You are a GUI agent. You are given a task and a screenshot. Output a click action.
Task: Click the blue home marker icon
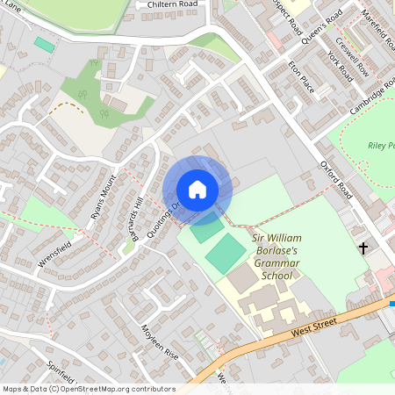click(x=197, y=190)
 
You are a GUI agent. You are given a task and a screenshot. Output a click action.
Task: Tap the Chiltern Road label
click(x=173, y=4)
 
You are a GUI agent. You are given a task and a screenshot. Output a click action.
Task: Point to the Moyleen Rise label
click(x=160, y=341)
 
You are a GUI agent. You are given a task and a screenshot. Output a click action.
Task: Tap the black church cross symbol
click(x=363, y=248)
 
